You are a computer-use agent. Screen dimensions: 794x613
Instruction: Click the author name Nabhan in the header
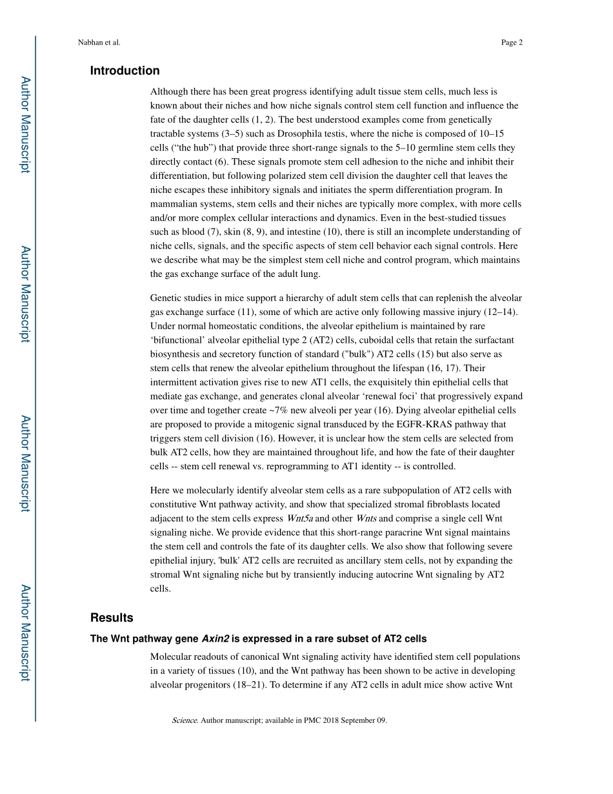point(90,43)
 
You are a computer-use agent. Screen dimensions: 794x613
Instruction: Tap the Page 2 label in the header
point(511,43)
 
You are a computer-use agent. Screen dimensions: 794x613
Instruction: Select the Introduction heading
point(125,71)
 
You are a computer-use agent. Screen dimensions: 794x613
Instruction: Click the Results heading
point(112,618)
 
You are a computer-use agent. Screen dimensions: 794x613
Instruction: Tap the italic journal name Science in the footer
point(185,720)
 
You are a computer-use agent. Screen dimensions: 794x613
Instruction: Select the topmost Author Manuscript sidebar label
point(25,125)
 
